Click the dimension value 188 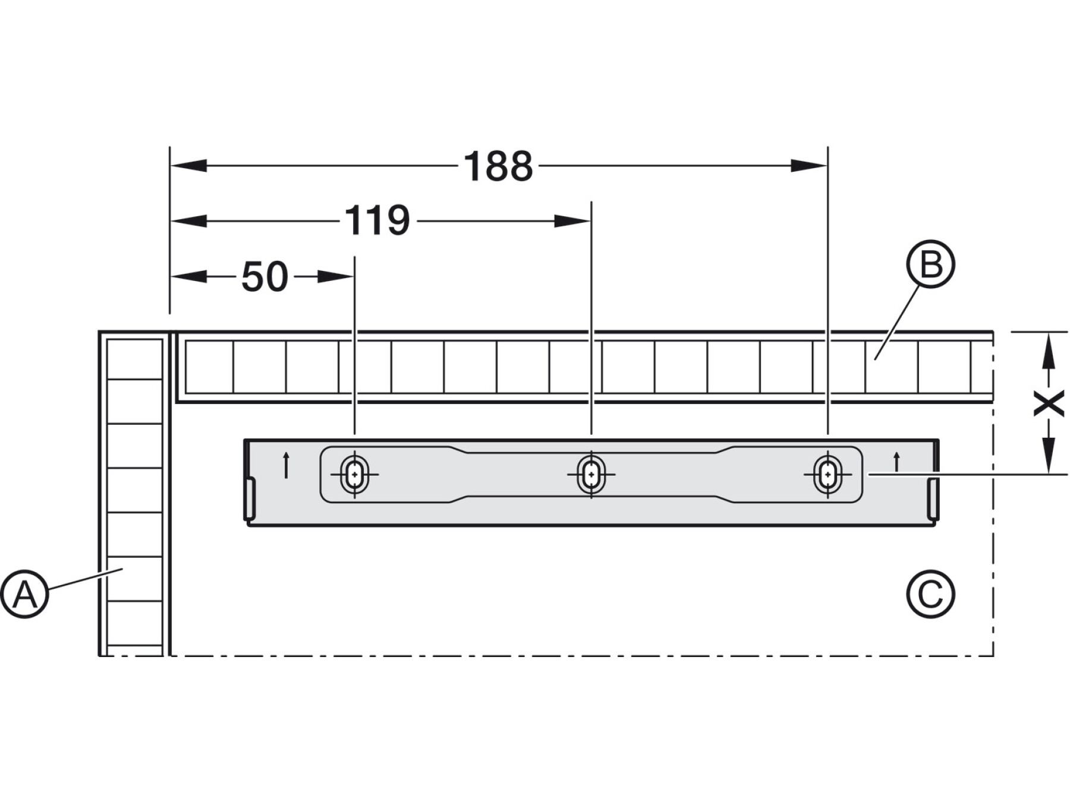498,166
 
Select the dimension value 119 377,221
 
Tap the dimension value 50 265,277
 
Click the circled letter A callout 24,594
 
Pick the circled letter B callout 930,264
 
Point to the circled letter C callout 930,594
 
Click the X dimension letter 1049,404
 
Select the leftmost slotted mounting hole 355,474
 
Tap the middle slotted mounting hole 591,474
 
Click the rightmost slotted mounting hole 827,474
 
